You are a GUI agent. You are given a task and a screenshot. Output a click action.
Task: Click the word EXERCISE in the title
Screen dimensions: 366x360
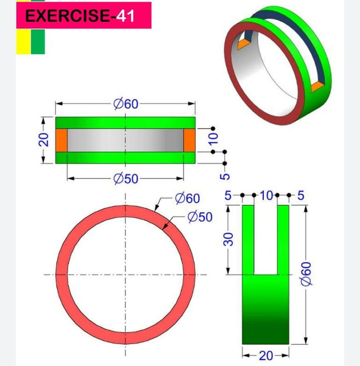tap(66, 15)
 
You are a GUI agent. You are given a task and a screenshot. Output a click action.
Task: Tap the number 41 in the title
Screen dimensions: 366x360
tap(125, 15)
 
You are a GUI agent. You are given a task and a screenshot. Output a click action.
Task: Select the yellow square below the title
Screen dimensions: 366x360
tap(22, 42)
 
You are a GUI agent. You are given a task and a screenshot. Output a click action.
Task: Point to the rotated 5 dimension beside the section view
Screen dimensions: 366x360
tap(224, 176)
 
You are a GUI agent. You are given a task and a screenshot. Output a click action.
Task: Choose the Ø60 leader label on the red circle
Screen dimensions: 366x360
tap(188, 198)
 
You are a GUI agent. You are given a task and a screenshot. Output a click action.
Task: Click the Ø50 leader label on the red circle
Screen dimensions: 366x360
tap(200, 217)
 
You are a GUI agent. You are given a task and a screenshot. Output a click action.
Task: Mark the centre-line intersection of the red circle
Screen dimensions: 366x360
tap(125, 274)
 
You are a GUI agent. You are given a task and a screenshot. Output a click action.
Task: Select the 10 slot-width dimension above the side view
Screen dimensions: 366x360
tap(266, 196)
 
